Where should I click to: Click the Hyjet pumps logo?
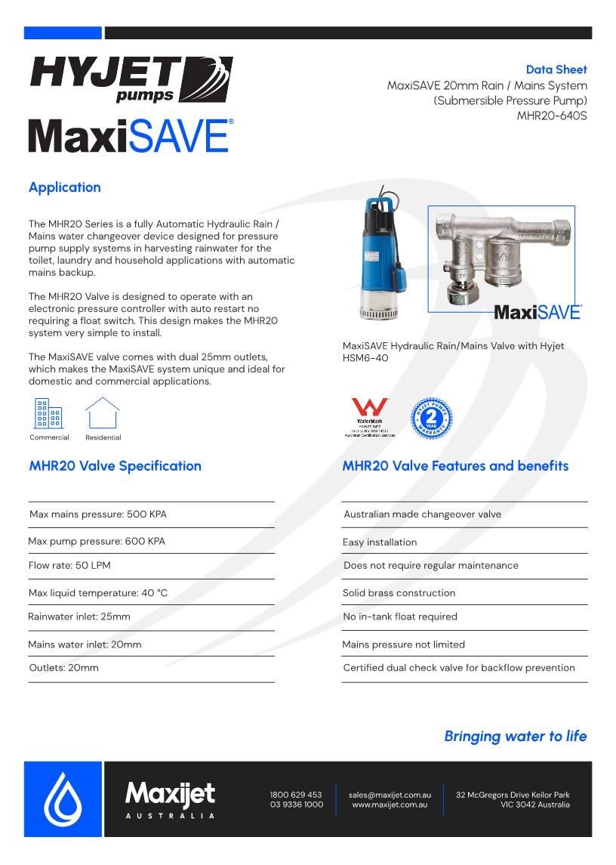[131, 79]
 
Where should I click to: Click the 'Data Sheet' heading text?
[556, 70]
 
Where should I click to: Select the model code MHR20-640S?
[552, 116]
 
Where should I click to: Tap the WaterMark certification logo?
[370, 418]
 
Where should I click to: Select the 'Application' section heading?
[65, 187]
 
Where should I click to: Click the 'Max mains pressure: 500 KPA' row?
[98, 514]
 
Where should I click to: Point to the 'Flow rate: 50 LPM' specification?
[69, 566]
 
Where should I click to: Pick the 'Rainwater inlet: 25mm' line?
[79, 617]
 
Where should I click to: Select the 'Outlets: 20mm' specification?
[64, 668]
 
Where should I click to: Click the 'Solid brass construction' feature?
[399, 593]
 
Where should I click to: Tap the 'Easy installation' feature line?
[380, 542]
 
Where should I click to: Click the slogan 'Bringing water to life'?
[515, 736]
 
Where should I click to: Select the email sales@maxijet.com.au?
[390, 795]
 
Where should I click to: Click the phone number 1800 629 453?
[296, 795]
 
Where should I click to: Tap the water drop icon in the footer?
[63, 799]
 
